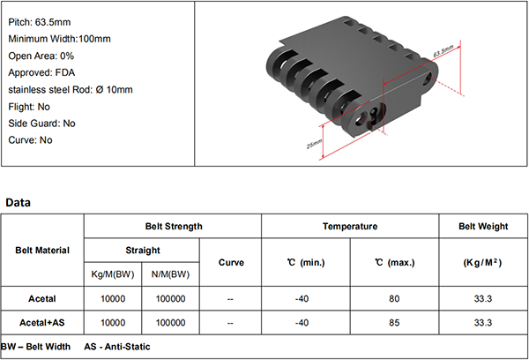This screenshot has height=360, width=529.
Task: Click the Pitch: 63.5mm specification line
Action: point(40,22)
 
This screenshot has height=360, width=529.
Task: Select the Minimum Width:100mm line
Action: point(59,39)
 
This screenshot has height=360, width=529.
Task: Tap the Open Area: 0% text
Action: point(41,56)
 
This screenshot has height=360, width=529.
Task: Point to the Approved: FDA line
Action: point(41,72)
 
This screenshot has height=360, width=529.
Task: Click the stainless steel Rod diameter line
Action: point(71,89)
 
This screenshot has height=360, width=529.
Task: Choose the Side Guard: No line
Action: point(41,124)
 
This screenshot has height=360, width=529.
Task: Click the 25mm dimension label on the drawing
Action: point(314,144)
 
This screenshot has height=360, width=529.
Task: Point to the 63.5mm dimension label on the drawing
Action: point(443,51)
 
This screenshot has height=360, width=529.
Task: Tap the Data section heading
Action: point(18,202)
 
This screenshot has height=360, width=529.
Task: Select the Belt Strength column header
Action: point(174,226)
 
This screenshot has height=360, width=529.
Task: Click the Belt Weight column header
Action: point(483,226)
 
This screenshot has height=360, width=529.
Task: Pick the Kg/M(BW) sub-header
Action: point(113,274)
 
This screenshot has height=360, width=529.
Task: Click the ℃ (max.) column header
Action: point(394,262)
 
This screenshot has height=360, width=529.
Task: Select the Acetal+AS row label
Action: point(42,323)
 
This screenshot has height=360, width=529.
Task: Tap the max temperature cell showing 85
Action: point(394,323)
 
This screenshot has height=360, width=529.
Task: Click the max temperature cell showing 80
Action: point(394,299)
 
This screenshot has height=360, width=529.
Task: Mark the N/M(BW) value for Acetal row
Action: point(170,299)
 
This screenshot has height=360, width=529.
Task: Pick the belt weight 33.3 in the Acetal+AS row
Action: point(483,323)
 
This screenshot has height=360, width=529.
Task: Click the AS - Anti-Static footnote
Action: point(117,347)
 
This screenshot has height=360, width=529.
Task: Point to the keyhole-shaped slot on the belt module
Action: point(374,115)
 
